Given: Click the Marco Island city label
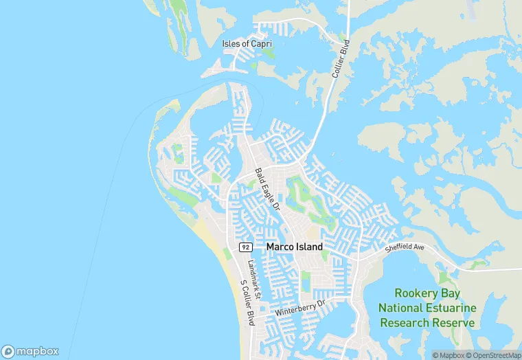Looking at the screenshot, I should (294, 247).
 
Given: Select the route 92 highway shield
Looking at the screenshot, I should (245, 247).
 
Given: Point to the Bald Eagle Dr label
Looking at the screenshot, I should (268, 189).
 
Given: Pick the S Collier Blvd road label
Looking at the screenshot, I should (245, 302).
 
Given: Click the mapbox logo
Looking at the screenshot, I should (30, 351).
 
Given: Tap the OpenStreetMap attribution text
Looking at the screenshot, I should (493, 355).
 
